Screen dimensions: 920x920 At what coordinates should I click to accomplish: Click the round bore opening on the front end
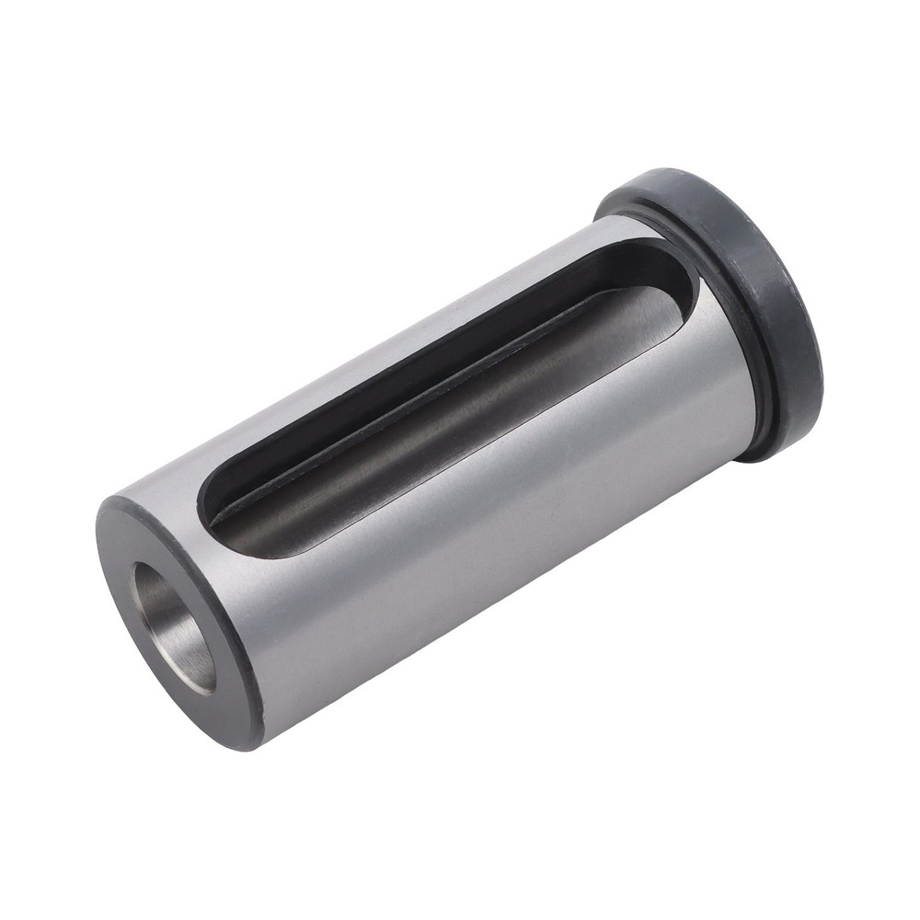click(x=175, y=626)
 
